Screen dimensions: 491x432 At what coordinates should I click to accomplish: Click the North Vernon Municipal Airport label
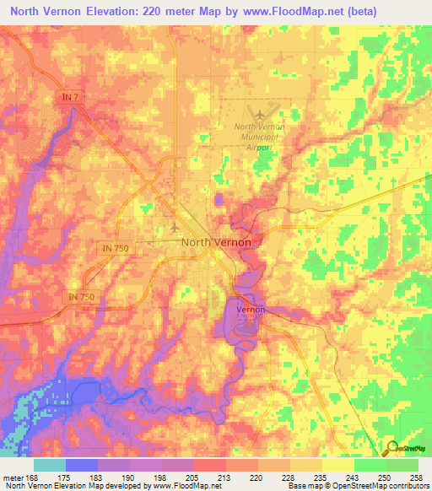pyautogui.click(x=259, y=136)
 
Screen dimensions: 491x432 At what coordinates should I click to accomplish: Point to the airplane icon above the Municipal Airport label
pyautogui.click(x=259, y=112)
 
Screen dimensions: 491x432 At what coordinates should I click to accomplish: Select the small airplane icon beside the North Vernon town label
pyautogui.click(x=175, y=228)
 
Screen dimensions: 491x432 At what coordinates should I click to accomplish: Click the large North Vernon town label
pyautogui.click(x=216, y=243)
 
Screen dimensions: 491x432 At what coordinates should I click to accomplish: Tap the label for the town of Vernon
pyautogui.click(x=251, y=310)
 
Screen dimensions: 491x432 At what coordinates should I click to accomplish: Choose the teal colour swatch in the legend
pyautogui.click(x=50, y=466)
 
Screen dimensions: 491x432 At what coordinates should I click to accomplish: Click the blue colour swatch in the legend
pyautogui.click(x=82, y=466)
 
